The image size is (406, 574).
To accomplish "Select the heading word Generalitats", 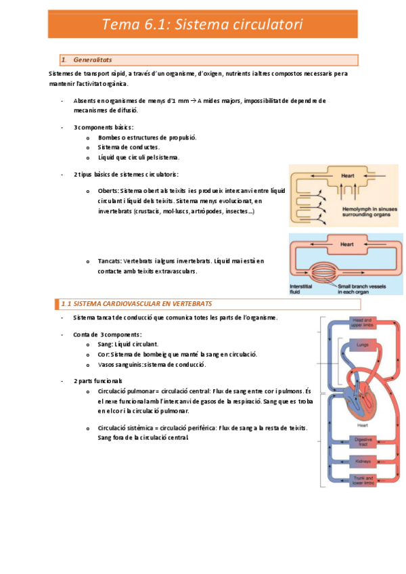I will (x=93, y=60).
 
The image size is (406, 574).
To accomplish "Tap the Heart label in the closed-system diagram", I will (x=346, y=244).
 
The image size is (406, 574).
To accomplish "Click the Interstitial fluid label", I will (x=301, y=289).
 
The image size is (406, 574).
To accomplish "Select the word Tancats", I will (x=110, y=261).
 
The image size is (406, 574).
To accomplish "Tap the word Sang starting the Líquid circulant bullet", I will (x=105, y=344).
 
